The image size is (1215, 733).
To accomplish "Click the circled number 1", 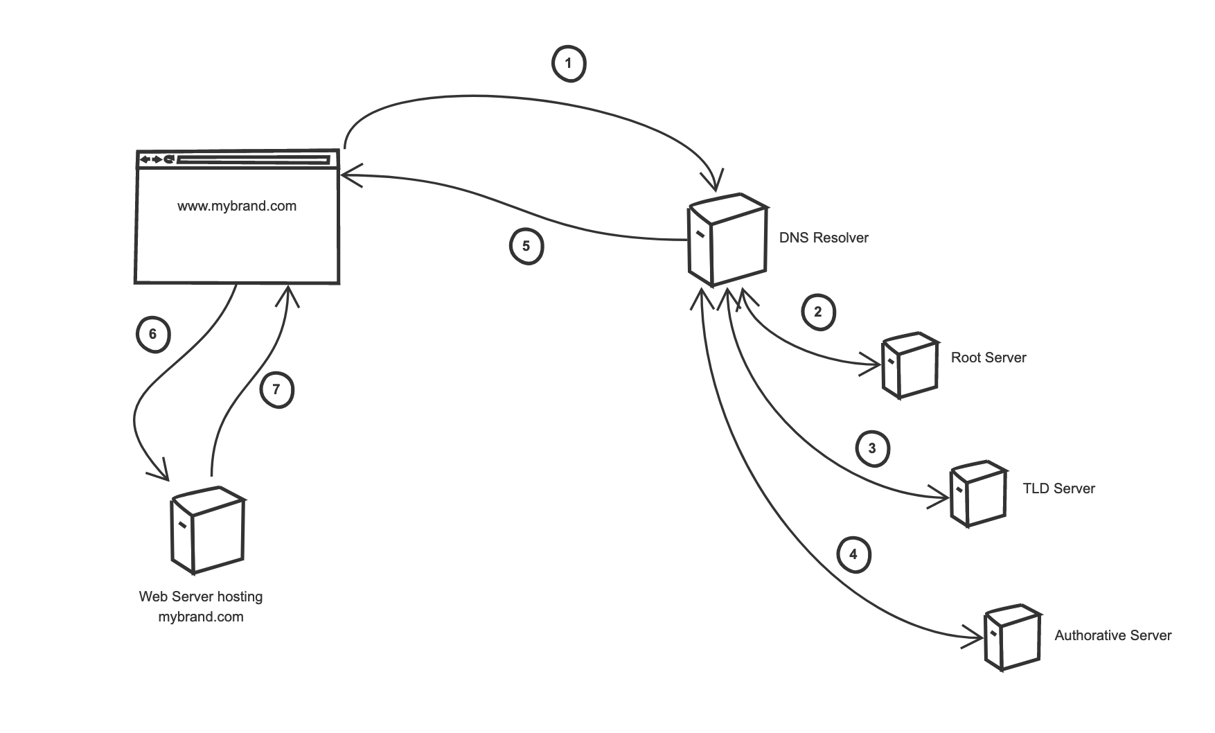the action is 569,64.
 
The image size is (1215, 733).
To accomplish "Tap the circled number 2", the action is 818,312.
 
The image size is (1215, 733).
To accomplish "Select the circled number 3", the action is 872,449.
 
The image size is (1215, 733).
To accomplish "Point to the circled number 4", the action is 853,555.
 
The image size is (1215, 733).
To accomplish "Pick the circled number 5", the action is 526,247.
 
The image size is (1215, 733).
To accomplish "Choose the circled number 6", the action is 153,335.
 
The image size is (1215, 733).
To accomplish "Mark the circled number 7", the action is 276,390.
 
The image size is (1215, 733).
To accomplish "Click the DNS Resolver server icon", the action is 727,239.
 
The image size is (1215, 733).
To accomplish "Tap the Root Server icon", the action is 910,366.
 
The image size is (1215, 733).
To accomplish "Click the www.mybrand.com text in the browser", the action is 237,206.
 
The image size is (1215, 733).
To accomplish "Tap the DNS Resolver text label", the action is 824,238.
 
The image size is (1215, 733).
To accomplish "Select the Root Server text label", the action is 988,357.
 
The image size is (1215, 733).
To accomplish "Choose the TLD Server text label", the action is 1059,488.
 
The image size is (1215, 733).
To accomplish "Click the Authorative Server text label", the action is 1113,635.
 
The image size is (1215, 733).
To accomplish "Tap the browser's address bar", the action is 253,160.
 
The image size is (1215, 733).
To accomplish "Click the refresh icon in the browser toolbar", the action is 169,160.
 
